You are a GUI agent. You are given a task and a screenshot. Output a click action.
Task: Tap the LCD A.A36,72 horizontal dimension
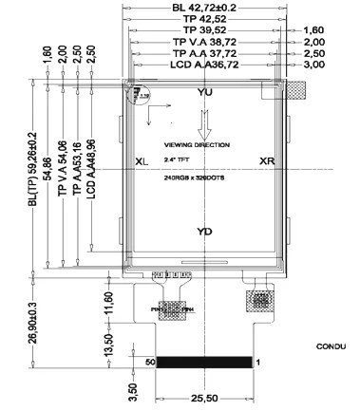click(204, 65)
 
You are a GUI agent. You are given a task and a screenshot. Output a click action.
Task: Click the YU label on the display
click(204, 92)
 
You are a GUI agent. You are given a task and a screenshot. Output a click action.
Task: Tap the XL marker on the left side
click(142, 161)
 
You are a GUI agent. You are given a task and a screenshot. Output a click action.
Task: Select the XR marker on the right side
click(267, 161)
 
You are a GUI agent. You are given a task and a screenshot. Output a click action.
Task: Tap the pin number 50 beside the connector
click(149, 363)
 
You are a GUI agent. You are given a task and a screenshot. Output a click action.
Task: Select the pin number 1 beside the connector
click(258, 363)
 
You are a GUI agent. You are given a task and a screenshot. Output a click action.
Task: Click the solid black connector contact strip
click(204, 363)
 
